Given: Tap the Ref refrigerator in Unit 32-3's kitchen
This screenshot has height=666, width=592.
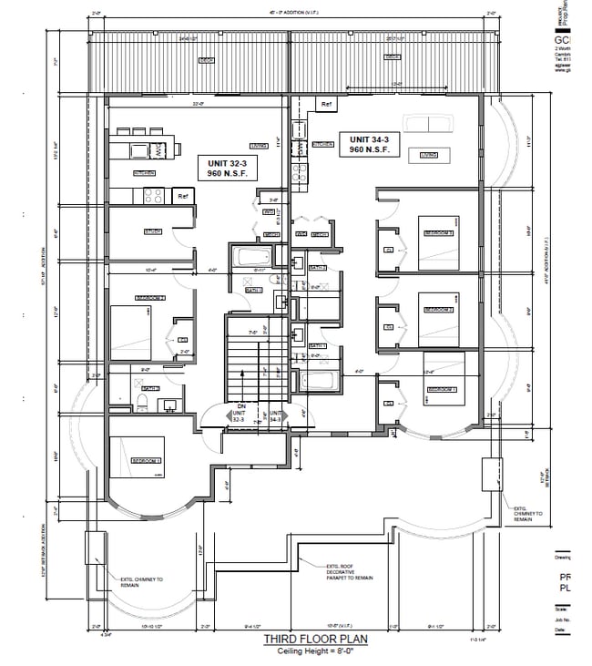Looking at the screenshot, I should click(x=183, y=195).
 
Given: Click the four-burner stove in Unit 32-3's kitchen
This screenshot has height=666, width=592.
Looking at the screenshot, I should click(x=153, y=194).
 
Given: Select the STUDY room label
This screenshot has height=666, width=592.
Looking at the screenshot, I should click(x=152, y=231).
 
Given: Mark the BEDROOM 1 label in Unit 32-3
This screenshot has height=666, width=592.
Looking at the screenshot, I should click(x=146, y=461).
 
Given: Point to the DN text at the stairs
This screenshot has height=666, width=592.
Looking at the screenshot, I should click(x=240, y=406).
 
